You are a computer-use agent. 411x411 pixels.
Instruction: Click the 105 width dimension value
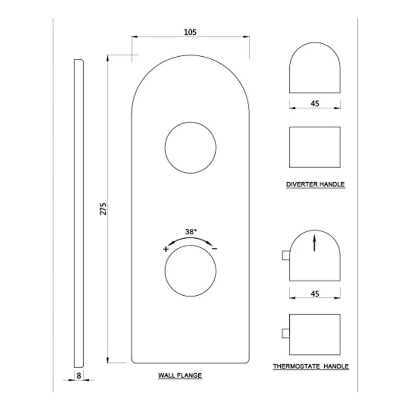(x=190, y=32)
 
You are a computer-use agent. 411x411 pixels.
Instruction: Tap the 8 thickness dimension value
(x=79, y=375)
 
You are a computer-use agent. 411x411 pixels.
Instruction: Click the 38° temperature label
(x=191, y=231)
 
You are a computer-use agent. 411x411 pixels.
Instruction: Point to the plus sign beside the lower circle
(x=166, y=250)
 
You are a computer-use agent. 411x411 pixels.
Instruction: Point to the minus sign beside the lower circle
(x=215, y=249)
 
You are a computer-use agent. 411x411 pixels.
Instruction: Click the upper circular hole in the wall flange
(x=190, y=147)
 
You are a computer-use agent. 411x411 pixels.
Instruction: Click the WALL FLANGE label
(x=180, y=376)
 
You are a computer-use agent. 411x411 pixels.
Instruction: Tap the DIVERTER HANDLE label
(x=315, y=185)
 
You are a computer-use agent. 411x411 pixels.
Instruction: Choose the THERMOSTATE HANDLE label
(x=311, y=367)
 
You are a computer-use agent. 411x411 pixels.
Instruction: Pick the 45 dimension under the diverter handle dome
(x=315, y=103)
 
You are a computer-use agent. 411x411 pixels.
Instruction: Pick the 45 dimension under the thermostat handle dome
(x=315, y=293)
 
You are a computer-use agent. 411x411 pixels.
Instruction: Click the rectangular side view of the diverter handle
(x=315, y=147)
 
